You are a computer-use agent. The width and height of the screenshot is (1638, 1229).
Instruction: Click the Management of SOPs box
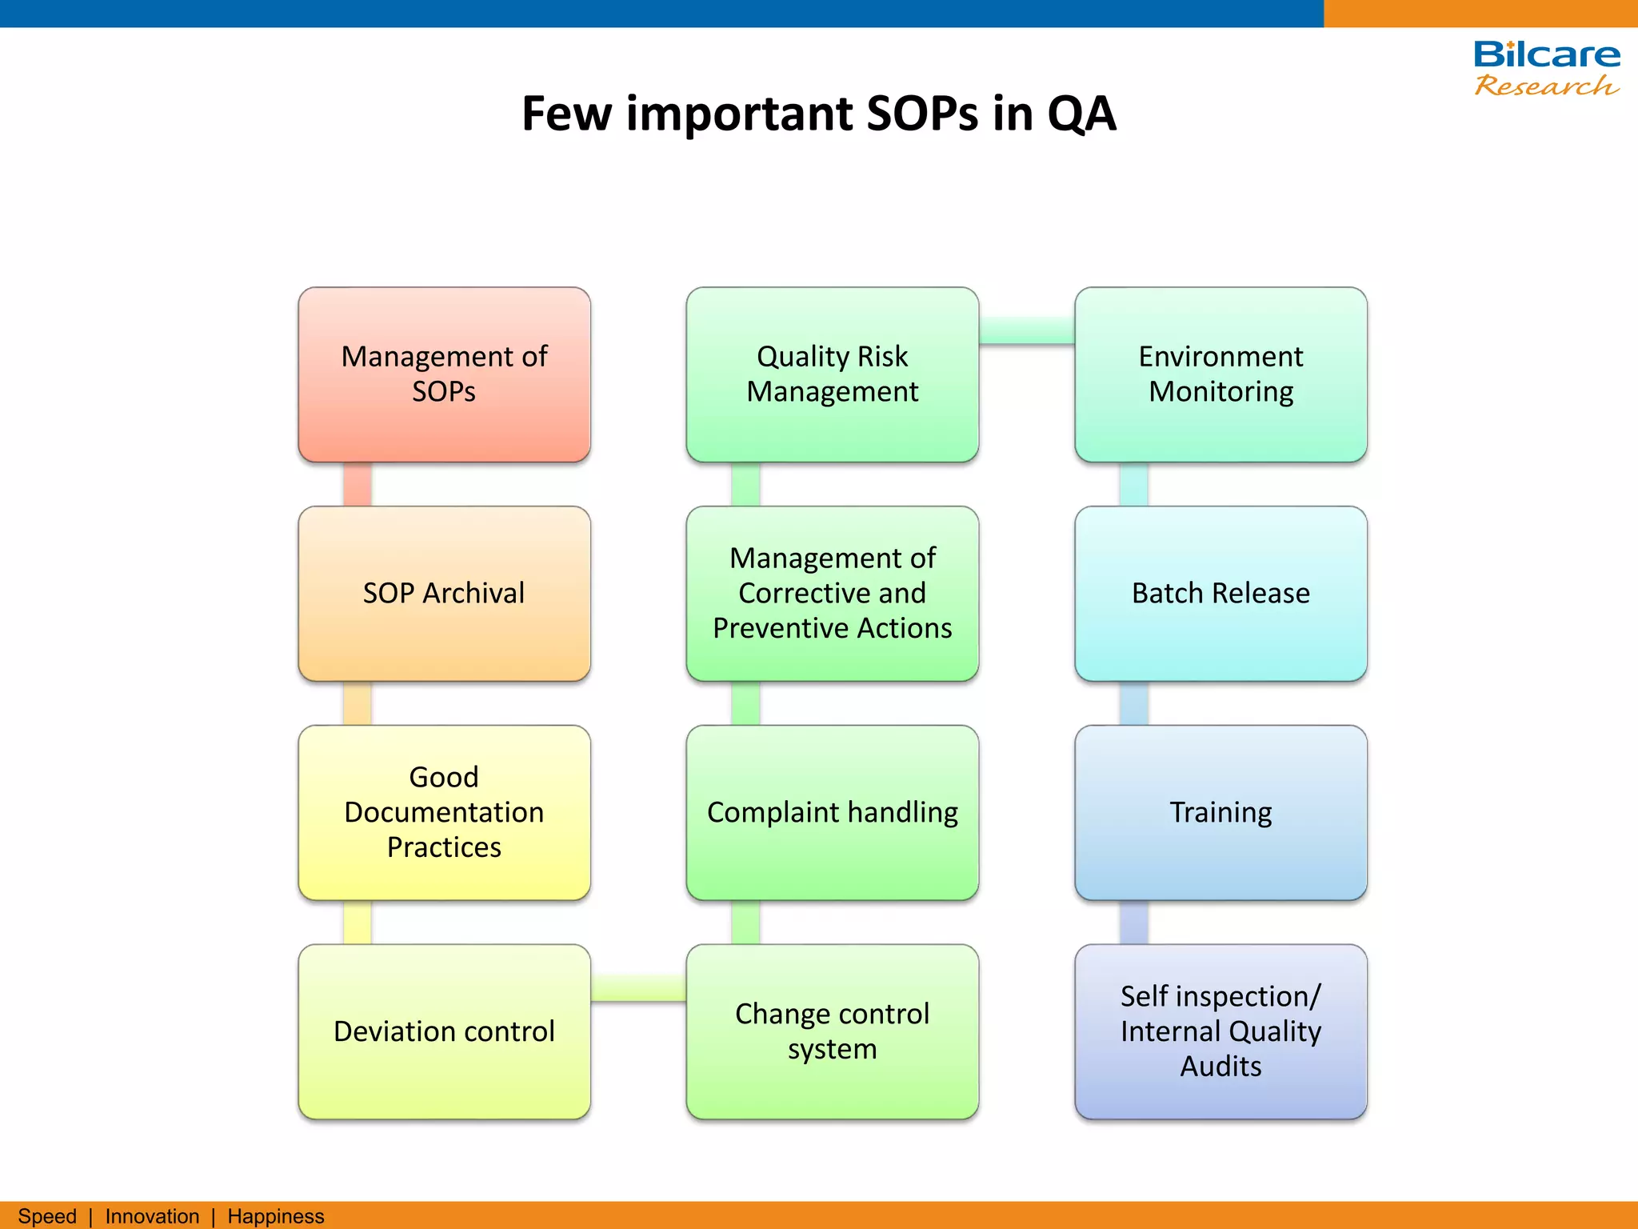pyautogui.click(x=444, y=374)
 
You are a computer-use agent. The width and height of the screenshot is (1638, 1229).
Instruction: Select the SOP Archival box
pyautogui.click(x=444, y=594)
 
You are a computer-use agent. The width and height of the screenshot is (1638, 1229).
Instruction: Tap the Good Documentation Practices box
pyautogui.click(x=444, y=812)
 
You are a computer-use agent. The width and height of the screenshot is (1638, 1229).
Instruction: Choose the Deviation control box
pyautogui.click(x=444, y=1031)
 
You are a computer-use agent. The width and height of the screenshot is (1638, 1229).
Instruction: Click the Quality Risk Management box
pyautogui.click(x=832, y=374)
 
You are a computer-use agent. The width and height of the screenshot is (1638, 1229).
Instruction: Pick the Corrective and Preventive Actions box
pyautogui.click(x=832, y=594)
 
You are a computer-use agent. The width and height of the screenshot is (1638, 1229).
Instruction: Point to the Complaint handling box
pyautogui.click(x=832, y=812)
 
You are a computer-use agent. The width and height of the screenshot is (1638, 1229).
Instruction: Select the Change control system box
pyautogui.click(x=832, y=1031)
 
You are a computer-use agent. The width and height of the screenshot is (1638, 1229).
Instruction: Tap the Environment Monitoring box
pyautogui.click(x=1221, y=374)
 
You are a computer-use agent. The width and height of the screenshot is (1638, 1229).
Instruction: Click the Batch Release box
pyautogui.click(x=1221, y=594)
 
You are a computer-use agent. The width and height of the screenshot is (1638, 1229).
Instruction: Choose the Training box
pyautogui.click(x=1221, y=812)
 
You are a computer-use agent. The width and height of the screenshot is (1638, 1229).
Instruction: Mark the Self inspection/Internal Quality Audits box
pyautogui.click(x=1221, y=1031)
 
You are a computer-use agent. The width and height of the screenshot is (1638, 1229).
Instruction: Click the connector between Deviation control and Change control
pyautogui.click(x=638, y=989)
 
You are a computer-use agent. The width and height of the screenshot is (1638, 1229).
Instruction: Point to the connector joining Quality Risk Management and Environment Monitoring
pyautogui.click(x=1026, y=330)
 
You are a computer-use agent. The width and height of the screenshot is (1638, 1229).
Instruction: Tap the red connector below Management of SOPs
pyautogui.click(x=357, y=484)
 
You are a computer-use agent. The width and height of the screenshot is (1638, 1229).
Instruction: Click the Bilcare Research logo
pyautogui.click(x=1546, y=69)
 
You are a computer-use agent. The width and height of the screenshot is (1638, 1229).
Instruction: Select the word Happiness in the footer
pyautogui.click(x=275, y=1216)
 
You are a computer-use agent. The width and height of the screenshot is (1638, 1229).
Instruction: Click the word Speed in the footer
pyautogui.click(x=47, y=1216)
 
